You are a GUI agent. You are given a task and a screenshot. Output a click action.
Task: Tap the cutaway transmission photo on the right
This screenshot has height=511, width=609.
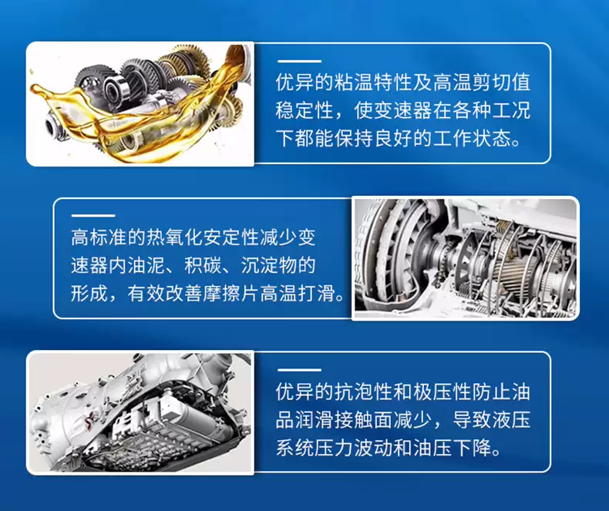[x=465, y=258]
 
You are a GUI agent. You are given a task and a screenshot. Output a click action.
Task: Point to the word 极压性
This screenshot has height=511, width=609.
[x=446, y=391]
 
